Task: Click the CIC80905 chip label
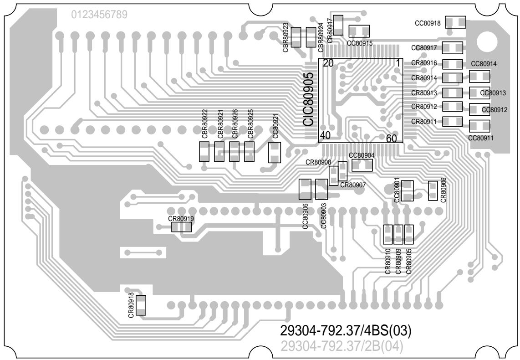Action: point(309,99)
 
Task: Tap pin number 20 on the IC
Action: point(328,63)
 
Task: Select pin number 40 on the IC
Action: point(325,135)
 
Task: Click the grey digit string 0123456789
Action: point(99,15)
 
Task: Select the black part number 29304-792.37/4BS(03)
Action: point(346,330)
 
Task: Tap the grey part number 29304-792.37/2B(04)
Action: point(342,347)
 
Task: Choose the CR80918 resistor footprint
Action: point(141,305)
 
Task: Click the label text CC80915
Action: point(359,43)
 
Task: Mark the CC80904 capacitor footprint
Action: point(362,165)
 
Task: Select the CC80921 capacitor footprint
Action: point(275,152)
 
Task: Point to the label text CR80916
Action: point(424,63)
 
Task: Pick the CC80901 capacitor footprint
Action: point(407,191)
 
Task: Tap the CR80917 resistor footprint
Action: point(338,24)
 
